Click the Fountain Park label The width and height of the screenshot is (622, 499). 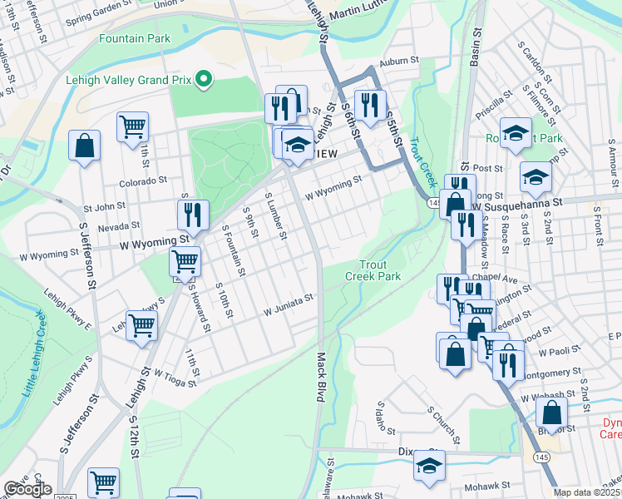(x=134, y=38)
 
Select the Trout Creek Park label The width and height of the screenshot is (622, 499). (x=373, y=270)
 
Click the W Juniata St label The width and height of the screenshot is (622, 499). (x=288, y=304)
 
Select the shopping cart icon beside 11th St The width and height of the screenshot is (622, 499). (x=132, y=127)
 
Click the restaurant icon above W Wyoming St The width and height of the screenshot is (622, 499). (x=193, y=215)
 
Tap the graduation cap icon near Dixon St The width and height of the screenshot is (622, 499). (x=429, y=465)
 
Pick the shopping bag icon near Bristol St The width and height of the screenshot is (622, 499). (x=551, y=412)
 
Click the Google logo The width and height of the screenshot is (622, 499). (x=27, y=489)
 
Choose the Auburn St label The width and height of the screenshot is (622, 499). (x=397, y=62)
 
